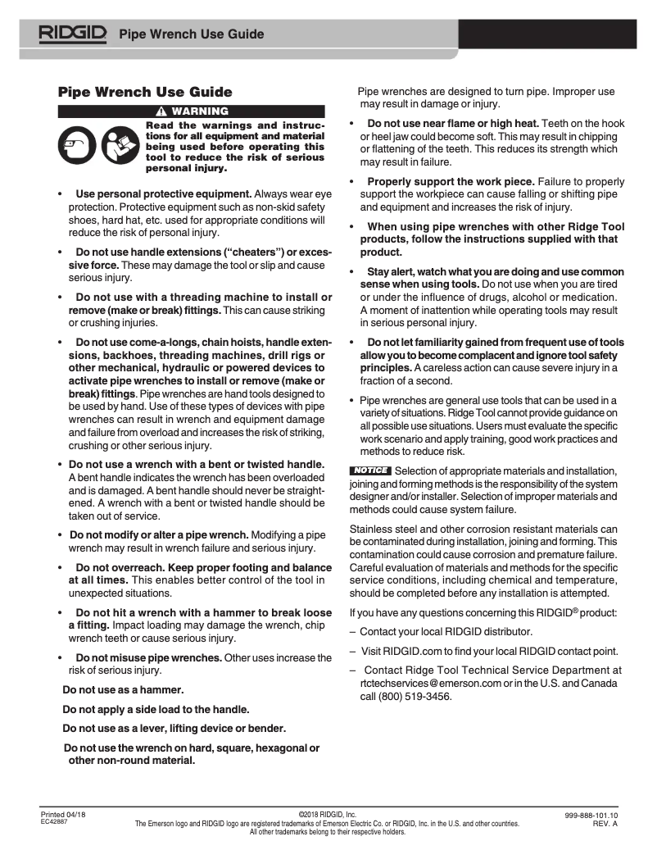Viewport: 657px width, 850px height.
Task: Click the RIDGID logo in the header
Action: click(x=72, y=34)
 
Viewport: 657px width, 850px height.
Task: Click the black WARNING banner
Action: click(x=192, y=111)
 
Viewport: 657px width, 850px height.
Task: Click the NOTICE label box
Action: click(x=369, y=470)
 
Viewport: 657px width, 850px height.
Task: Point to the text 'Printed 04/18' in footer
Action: click(x=63, y=815)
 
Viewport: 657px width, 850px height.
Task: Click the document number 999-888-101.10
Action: click(x=591, y=815)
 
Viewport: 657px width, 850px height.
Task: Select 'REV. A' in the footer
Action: click(x=605, y=823)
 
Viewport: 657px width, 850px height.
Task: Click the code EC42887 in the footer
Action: click(x=55, y=822)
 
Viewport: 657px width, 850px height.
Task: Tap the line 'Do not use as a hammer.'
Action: click(x=123, y=689)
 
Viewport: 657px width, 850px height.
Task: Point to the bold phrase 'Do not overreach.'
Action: click(x=120, y=568)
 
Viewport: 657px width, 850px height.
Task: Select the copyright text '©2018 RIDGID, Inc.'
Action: click(x=327, y=815)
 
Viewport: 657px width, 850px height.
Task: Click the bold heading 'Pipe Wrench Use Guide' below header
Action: click(x=145, y=92)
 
